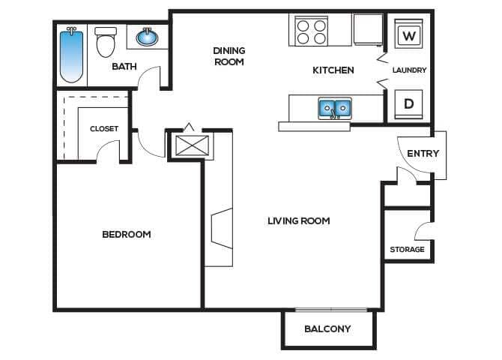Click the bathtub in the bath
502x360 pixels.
71,55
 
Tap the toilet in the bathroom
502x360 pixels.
106,43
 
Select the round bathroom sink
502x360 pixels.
147,36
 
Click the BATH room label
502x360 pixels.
124,67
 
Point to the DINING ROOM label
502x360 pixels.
229,56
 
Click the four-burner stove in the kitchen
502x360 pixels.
312,31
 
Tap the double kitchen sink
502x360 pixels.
334,109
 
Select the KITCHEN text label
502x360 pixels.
333,70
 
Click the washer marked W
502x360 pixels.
408,35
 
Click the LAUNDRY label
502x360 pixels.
409,70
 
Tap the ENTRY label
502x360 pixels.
423,154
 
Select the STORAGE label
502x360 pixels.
407,250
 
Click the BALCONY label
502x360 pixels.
327,329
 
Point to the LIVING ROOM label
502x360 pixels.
298,221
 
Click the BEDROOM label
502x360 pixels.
126,235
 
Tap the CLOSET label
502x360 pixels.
104,129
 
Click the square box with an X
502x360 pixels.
189,145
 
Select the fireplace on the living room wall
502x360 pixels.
222,229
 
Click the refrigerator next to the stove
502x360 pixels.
367,30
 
